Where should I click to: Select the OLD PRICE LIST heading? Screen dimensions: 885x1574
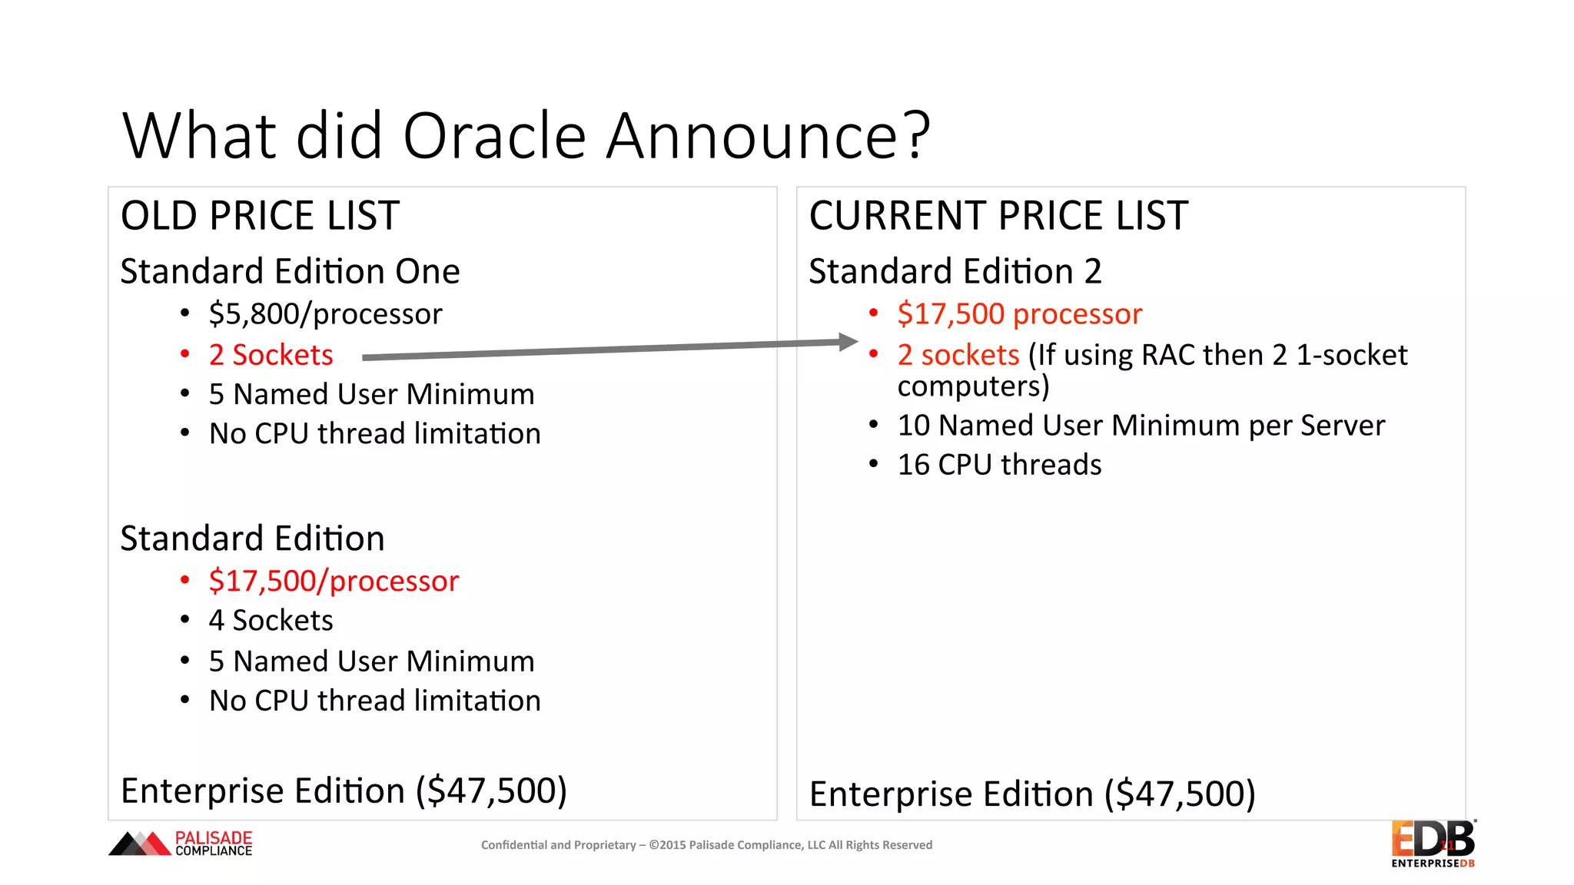click(260, 215)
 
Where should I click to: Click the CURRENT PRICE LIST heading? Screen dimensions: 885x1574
click(998, 215)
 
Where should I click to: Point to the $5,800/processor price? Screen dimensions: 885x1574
click(325, 314)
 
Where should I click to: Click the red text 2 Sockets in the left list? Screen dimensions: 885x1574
click(271, 355)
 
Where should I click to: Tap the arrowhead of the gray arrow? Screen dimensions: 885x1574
click(848, 342)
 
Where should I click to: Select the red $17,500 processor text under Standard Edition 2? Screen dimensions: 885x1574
click(1019, 314)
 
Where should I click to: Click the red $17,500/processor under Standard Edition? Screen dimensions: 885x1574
click(334, 581)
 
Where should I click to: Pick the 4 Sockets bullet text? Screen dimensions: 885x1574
click(271, 621)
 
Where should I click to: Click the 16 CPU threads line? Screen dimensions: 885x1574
click(999, 465)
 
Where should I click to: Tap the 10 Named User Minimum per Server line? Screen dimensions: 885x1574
click(1141, 426)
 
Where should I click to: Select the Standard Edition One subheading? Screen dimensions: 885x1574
click(290, 271)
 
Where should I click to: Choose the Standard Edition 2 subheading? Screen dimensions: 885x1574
click(955, 271)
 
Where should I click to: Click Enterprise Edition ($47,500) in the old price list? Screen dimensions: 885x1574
click(344, 791)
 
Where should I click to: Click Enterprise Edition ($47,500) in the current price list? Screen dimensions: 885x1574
click(1032, 794)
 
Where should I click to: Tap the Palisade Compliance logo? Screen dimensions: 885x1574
click(181, 844)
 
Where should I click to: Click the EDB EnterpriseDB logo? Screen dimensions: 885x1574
click(1433, 844)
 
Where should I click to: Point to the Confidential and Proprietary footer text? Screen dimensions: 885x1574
click(706, 845)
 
